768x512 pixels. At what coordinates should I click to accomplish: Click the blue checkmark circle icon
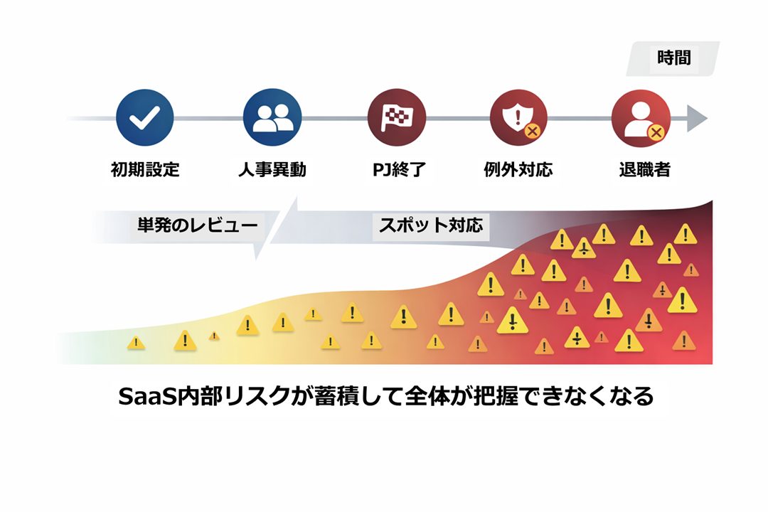pyautogui.click(x=144, y=118)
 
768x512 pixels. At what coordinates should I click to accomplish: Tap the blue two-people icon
pyautogui.click(x=272, y=118)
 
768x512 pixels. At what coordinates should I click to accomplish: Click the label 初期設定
pyautogui.click(x=145, y=170)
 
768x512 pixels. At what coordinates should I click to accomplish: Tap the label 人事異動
pyautogui.click(x=272, y=170)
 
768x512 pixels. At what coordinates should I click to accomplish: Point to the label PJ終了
pyautogui.click(x=397, y=170)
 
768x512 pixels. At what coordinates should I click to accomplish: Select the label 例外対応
pyautogui.click(x=518, y=170)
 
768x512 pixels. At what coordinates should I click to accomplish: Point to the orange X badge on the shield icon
pyautogui.click(x=531, y=131)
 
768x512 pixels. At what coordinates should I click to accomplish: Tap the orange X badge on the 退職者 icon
pyautogui.click(x=656, y=131)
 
